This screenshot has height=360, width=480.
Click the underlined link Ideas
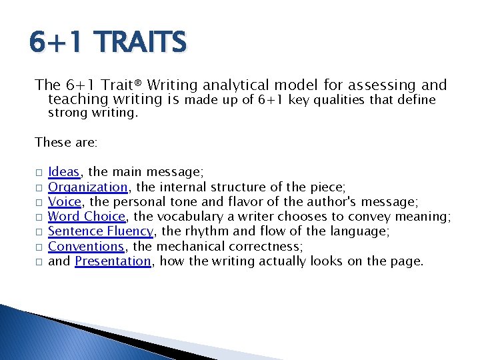[x=64, y=173]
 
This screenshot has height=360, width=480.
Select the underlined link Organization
[x=88, y=187]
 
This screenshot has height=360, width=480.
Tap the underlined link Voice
[x=65, y=202]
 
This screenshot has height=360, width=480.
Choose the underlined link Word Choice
[x=87, y=217]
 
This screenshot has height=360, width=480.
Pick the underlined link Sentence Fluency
[x=101, y=231]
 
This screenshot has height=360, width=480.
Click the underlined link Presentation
[x=113, y=261]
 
